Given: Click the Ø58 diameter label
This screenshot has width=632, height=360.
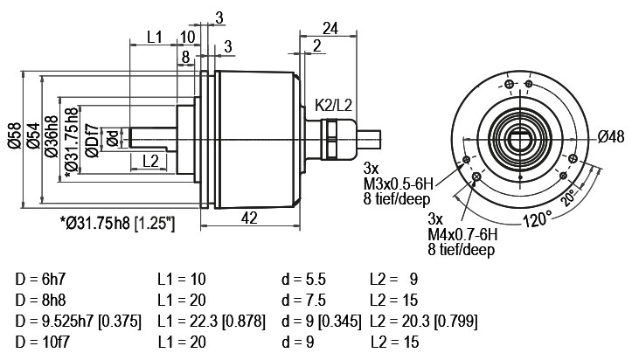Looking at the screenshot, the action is point(15,136).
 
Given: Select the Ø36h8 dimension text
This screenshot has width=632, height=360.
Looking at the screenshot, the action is point(52,136).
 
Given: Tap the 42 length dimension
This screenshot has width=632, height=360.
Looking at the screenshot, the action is point(249,218).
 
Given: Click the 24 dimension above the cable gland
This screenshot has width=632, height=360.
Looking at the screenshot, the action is point(330,29).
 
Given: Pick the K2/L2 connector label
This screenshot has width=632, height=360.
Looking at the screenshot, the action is point(333,106).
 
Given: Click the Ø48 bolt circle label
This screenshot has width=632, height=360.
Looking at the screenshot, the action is point(611,137).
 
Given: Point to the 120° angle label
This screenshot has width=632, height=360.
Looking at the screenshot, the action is point(538,219).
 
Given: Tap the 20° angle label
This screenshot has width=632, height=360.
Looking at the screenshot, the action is point(570,197).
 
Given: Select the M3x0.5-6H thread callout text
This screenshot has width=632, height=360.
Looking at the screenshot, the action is point(398,184).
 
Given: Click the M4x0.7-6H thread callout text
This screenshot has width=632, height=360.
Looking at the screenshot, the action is point(462,234).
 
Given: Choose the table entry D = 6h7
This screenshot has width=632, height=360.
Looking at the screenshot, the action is point(40,279).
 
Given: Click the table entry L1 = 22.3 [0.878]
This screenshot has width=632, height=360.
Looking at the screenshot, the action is point(212,322).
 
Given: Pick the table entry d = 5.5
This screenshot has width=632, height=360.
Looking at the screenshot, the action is point(303,279).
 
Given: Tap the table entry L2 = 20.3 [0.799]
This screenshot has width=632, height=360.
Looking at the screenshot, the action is point(423,322).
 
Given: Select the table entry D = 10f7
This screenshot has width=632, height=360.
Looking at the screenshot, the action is point(42,343).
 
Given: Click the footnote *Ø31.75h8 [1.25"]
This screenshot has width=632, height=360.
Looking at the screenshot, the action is point(117,223).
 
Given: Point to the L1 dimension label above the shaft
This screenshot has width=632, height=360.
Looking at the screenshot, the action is point(154,37).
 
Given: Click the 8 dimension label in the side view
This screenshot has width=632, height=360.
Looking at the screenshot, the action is point(185,57).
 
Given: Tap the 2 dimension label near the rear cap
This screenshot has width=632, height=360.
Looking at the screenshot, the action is point(316,46).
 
